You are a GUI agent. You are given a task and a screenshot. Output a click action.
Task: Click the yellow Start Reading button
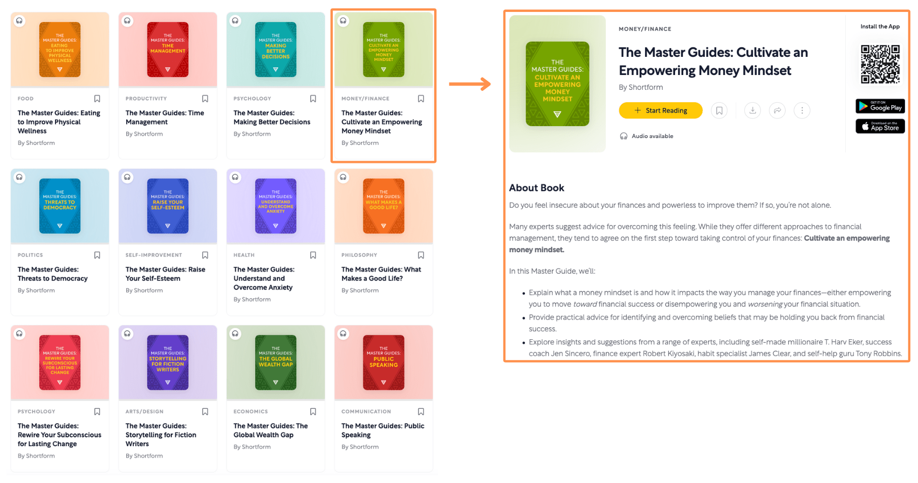[660, 110]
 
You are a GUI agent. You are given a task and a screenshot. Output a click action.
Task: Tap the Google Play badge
[880, 106]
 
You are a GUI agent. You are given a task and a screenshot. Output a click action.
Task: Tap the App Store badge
[880, 127]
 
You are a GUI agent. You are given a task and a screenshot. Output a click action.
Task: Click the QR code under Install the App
[880, 64]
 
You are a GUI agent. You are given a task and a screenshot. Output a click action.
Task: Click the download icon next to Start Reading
[752, 110]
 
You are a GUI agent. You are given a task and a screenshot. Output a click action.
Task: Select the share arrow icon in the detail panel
[777, 110]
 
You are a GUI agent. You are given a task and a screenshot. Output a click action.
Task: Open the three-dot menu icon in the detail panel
[802, 110]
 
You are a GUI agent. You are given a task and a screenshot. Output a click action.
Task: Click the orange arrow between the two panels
[470, 84]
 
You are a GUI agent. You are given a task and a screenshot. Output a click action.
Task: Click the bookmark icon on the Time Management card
[205, 98]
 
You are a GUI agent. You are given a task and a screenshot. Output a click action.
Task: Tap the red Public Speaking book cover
[383, 362]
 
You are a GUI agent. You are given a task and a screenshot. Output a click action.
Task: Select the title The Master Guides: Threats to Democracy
[53, 274]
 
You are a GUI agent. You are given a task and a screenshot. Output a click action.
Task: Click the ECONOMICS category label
[251, 411]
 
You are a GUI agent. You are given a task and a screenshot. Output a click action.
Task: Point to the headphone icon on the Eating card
[19, 21]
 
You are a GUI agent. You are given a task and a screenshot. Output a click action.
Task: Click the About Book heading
[536, 188]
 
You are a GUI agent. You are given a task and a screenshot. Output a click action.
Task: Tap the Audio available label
[652, 136]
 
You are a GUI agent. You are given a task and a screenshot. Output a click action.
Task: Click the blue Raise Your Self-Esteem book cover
[167, 206]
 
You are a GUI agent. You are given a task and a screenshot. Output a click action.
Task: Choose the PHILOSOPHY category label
[359, 255]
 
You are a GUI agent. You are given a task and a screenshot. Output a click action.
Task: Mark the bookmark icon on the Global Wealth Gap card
[313, 411]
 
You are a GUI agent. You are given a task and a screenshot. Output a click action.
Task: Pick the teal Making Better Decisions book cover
[275, 49]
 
